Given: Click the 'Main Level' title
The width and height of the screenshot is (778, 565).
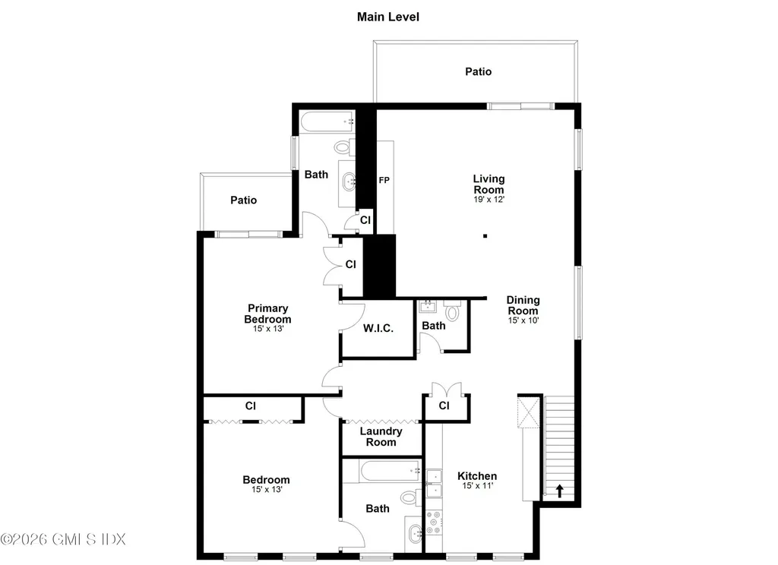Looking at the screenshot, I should (x=388, y=17).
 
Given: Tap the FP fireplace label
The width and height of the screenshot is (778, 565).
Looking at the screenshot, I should (x=384, y=181).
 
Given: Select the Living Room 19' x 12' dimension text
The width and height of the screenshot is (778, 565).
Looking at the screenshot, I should (x=489, y=199).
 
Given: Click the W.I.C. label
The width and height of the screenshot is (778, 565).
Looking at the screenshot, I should (x=378, y=329).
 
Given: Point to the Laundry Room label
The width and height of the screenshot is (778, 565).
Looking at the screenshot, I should (x=381, y=437).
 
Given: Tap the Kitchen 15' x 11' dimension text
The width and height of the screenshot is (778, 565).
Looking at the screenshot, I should (x=477, y=486).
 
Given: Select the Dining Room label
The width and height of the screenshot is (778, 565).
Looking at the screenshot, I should (x=523, y=305).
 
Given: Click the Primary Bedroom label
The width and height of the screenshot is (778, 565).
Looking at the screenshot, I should (x=267, y=314).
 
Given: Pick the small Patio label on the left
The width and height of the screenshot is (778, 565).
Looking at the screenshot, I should (x=243, y=200).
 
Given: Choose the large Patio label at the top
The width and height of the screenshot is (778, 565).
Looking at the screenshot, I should (x=478, y=71).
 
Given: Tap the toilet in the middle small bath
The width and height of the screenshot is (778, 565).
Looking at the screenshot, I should (x=453, y=311).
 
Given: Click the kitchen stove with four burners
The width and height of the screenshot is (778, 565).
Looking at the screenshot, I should (x=434, y=522).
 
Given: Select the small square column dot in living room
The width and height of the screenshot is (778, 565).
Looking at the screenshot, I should (x=485, y=235).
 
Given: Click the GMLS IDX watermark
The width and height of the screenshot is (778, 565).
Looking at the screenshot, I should (x=63, y=539).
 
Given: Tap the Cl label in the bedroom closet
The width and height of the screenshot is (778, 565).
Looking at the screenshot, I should (x=250, y=406).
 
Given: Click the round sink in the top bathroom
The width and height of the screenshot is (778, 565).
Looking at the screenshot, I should (x=349, y=181).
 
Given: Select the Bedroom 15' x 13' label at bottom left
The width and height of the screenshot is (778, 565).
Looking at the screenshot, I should (x=266, y=485).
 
